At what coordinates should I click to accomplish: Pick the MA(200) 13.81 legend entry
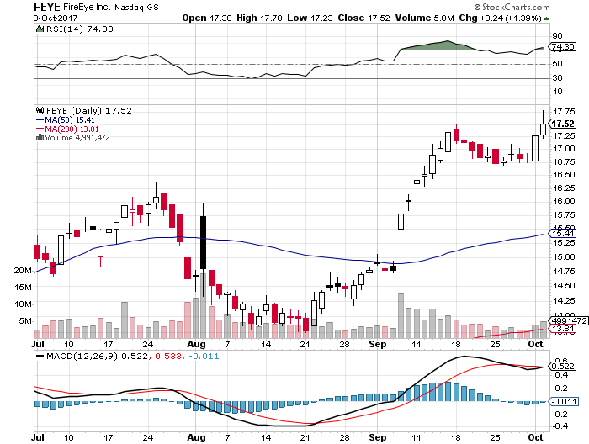point(66,129)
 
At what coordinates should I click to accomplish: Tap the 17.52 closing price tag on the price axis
point(563,124)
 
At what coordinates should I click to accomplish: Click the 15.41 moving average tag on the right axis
point(562,233)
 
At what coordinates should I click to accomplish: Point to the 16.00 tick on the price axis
point(563,201)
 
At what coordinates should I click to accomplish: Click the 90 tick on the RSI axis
point(557,36)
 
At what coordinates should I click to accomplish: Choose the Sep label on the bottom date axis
point(376,345)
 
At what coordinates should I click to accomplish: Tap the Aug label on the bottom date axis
point(195,345)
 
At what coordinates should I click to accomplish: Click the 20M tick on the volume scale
point(23,271)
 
